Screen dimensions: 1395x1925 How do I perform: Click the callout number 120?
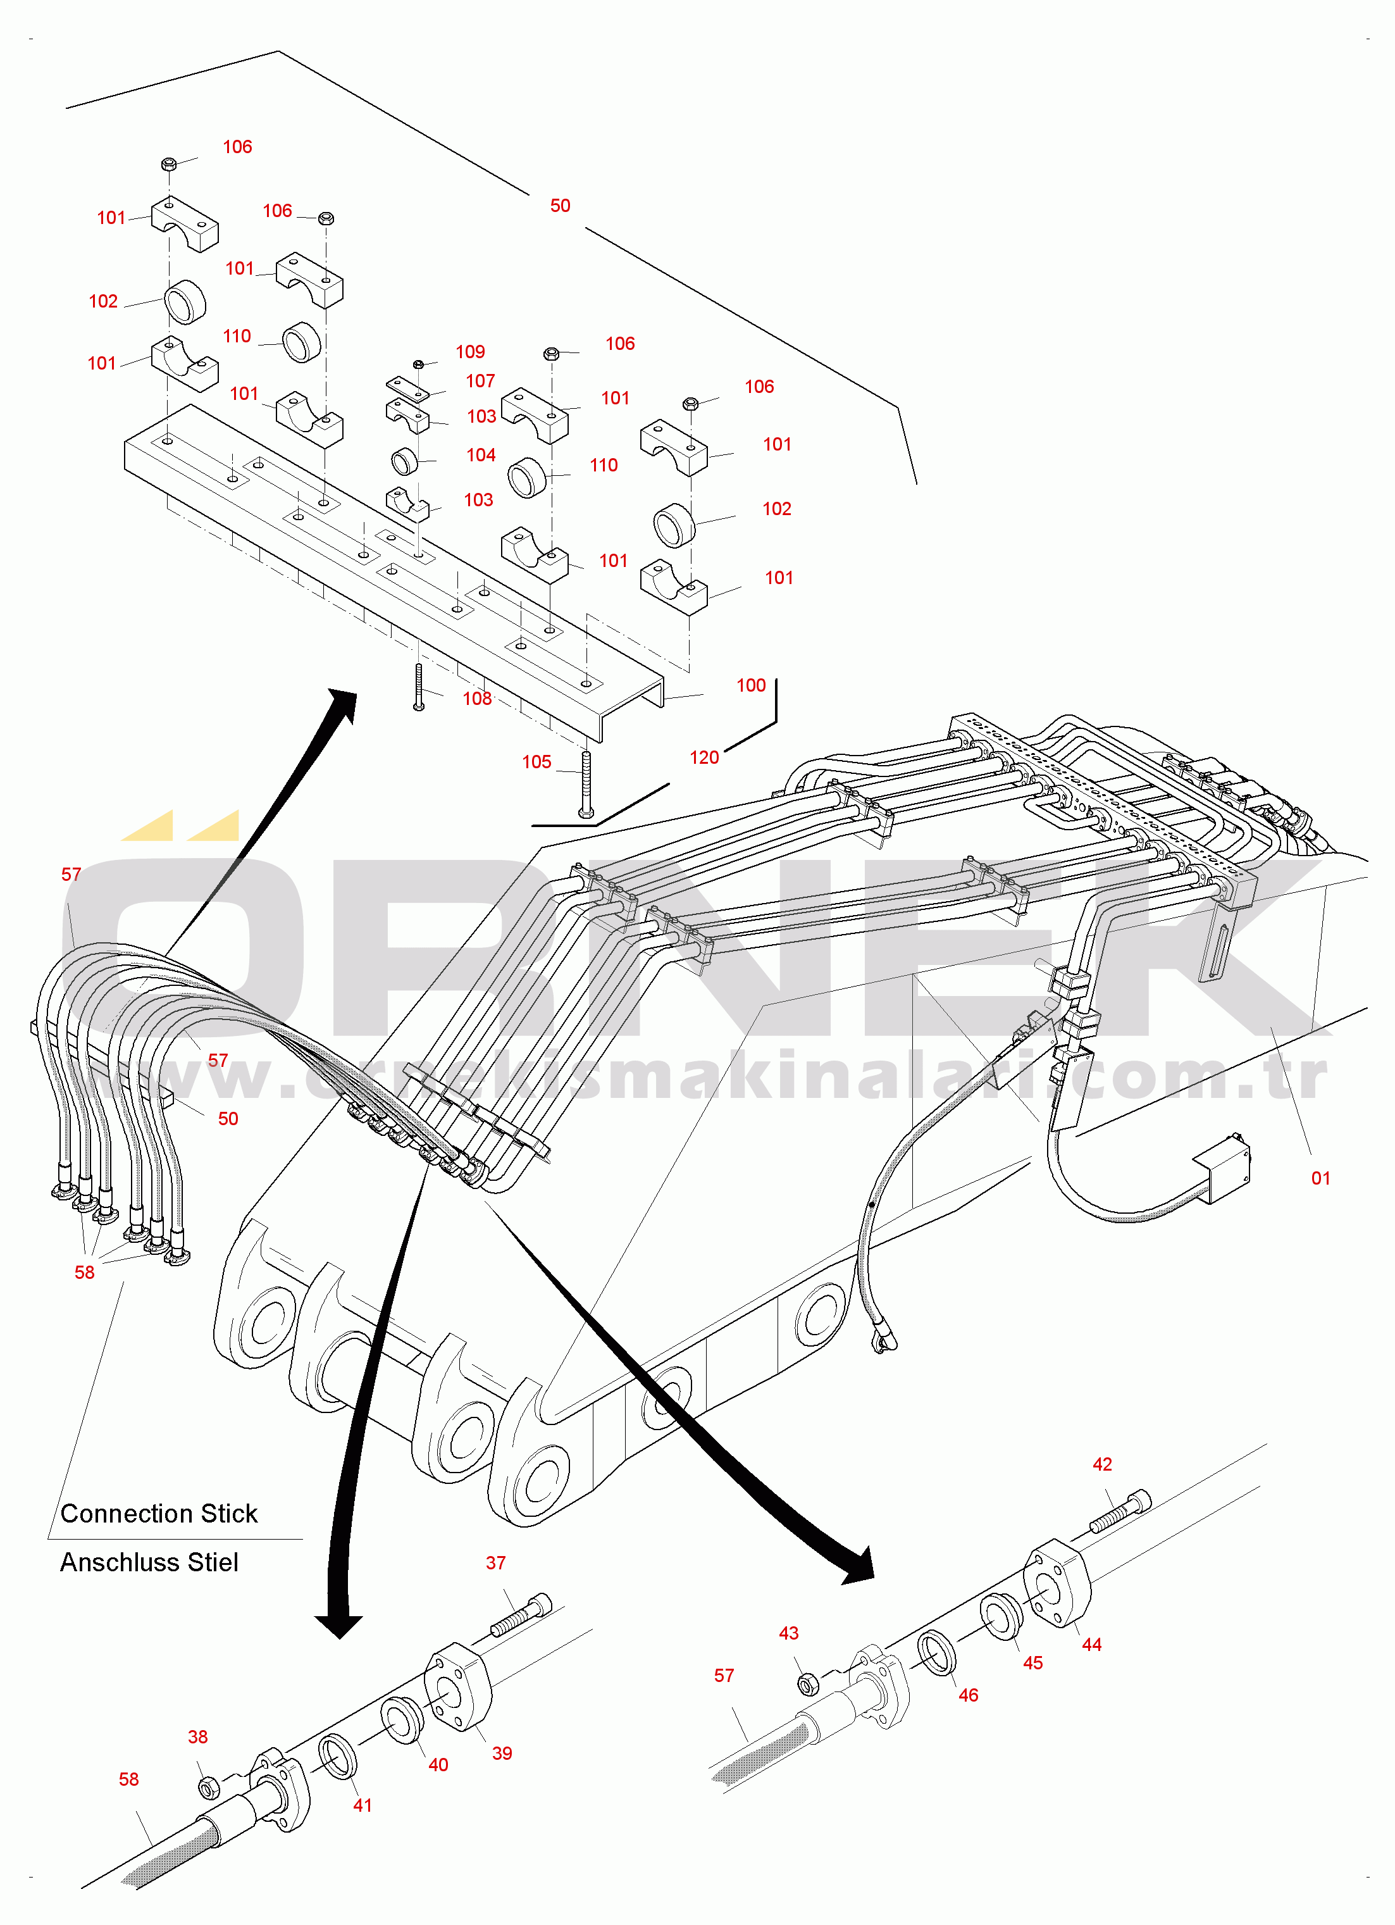[704, 757]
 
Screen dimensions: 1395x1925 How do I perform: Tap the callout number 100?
[751, 685]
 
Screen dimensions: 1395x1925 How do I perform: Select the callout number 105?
[536, 762]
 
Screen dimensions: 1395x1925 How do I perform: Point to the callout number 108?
[477, 699]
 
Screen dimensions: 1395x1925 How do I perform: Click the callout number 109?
[470, 351]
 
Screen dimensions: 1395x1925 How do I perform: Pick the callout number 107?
[480, 381]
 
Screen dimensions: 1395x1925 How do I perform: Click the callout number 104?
[481, 455]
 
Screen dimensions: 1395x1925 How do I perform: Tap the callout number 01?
[1320, 1178]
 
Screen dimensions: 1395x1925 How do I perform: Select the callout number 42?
[1102, 1464]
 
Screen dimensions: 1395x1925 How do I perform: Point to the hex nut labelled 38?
[206, 1788]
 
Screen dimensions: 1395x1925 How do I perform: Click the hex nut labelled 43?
[809, 1684]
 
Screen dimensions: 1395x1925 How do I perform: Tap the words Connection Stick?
[159, 1513]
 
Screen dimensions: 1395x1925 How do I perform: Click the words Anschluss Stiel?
[149, 1562]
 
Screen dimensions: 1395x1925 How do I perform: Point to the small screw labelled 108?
[418, 687]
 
